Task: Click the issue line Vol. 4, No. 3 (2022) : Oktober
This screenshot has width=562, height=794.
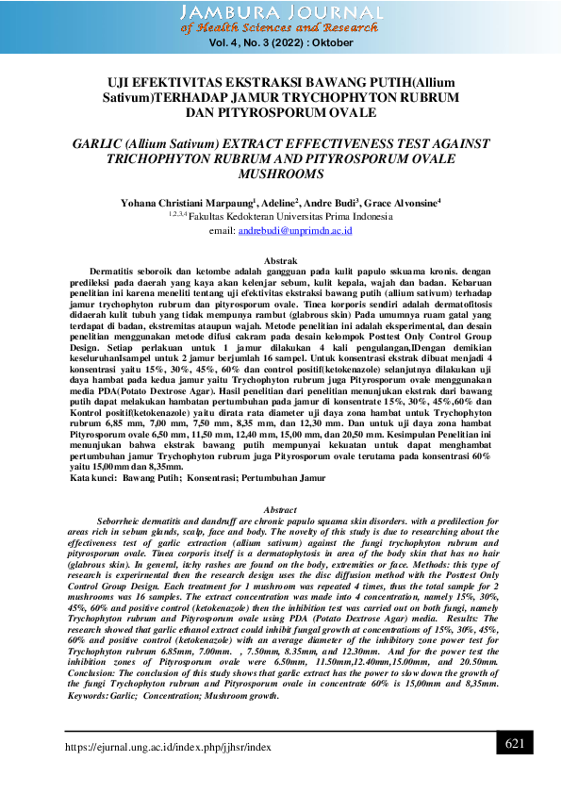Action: coord(280,43)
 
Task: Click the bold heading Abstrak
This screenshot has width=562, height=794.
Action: coord(280,259)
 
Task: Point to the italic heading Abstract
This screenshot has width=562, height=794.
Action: coord(280,508)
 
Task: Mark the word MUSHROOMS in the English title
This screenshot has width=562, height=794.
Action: coord(280,174)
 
